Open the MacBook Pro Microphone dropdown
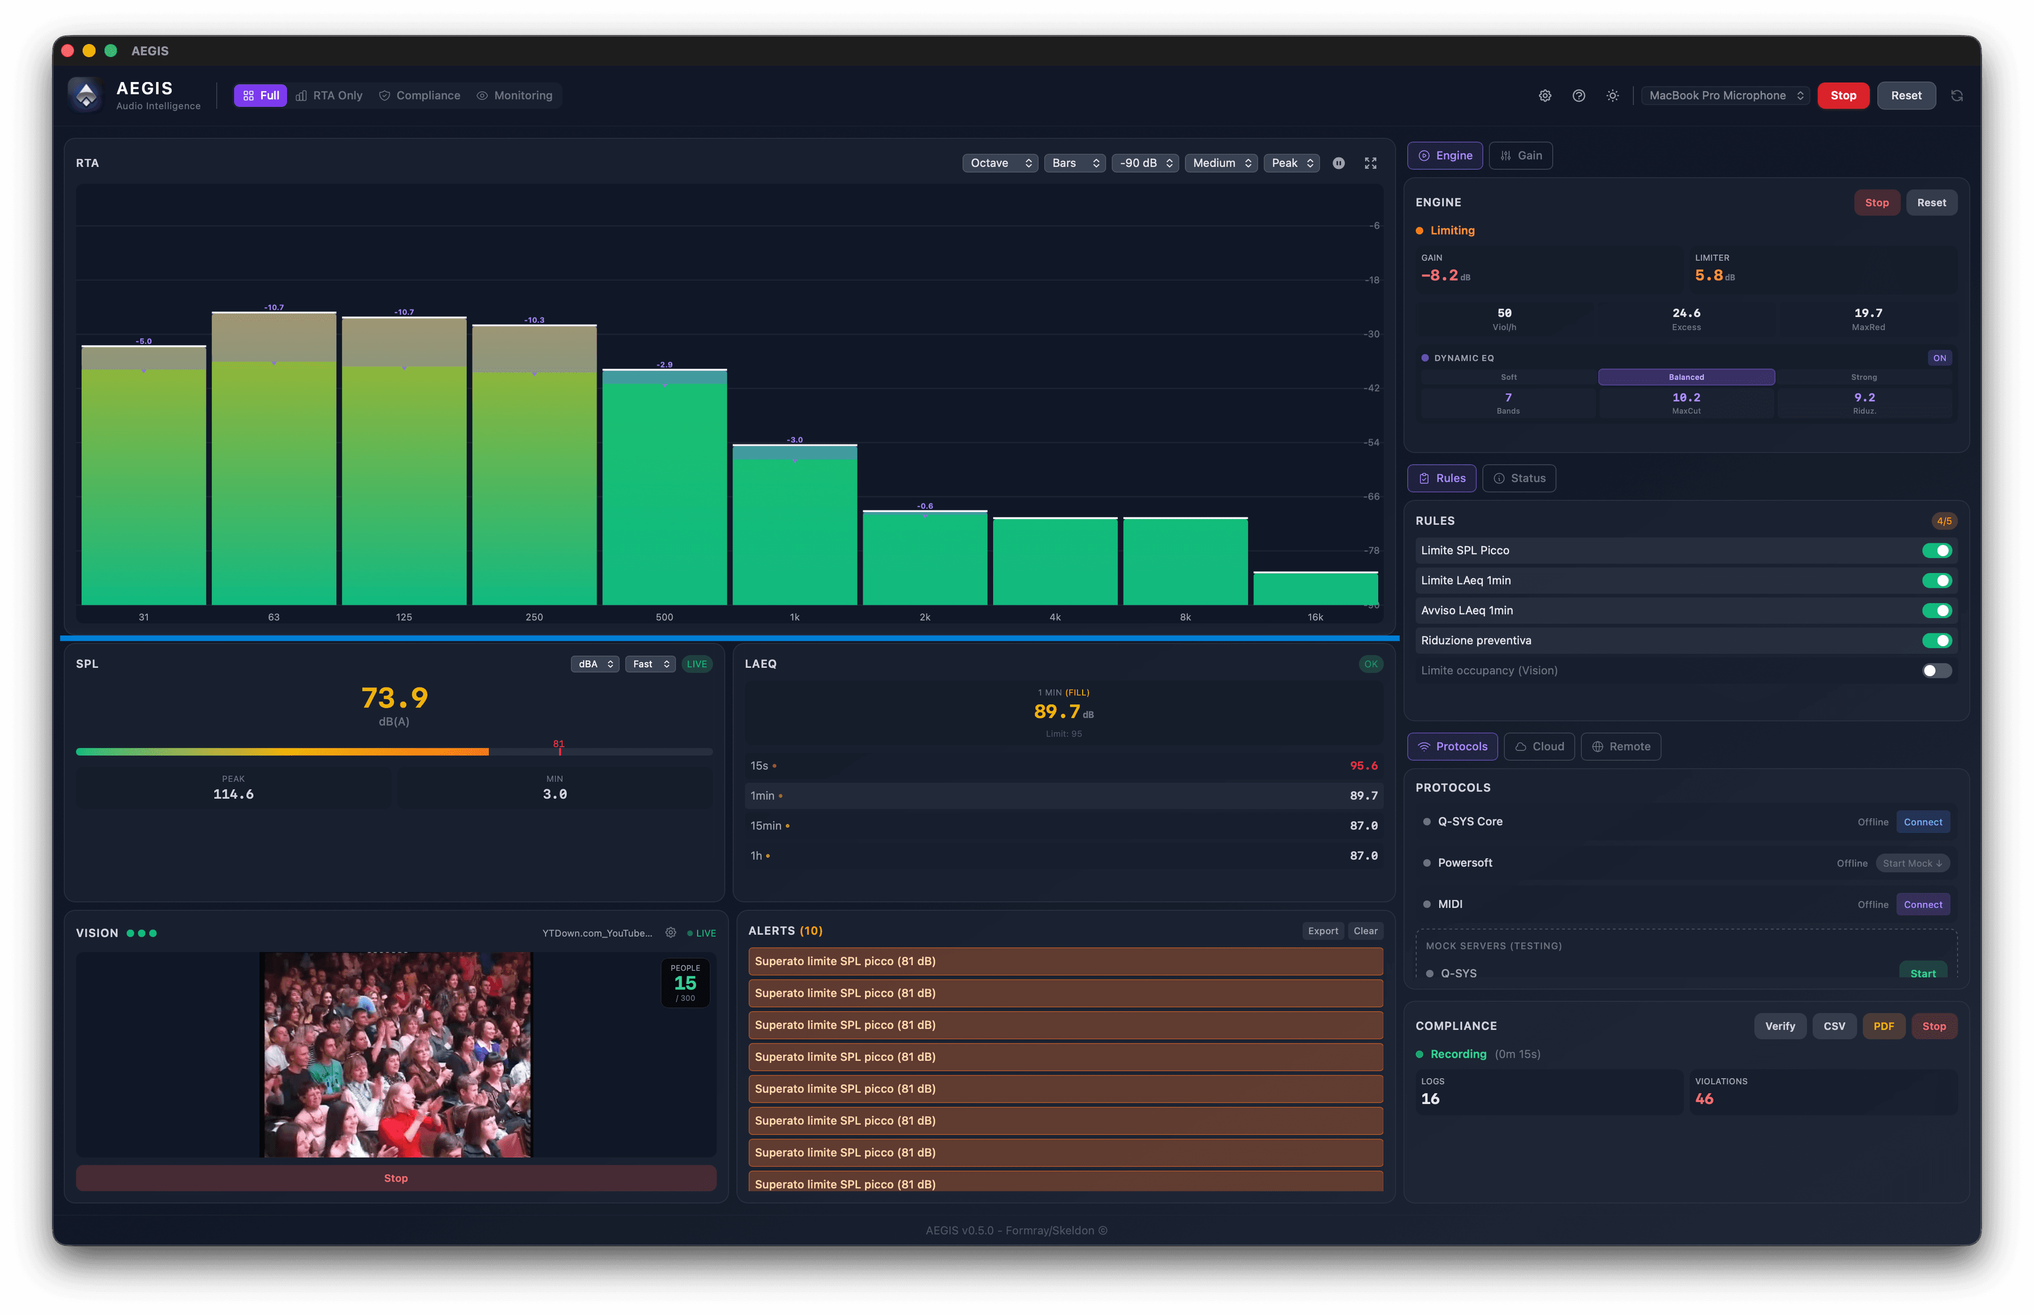click(x=1724, y=96)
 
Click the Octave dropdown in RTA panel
click(x=999, y=163)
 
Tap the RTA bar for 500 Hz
click(x=664, y=495)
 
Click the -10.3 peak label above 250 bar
click(x=534, y=320)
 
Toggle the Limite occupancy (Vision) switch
click(x=1936, y=670)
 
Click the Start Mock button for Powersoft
click(x=1912, y=863)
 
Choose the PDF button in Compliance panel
click(x=1883, y=1026)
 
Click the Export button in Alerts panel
click(x=1322, y=931)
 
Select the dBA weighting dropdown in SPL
click(x=594, y=664)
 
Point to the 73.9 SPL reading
click(x=395, y=699)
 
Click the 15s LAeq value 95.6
click(x=1363, y=766)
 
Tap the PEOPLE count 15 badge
click(x=685, y=983)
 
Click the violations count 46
click(x=1703, y=1099)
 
